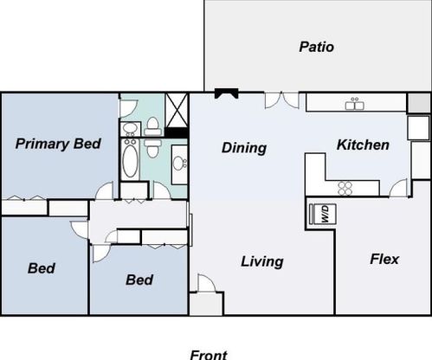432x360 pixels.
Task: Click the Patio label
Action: tap(316, 47)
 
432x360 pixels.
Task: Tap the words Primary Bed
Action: tap(59, 144)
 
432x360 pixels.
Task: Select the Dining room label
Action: tap(243, 148)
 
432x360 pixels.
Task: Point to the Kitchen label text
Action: tap(362, 145)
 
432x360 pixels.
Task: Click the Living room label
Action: tap(261, 261)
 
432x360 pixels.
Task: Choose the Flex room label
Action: tap(384, 258)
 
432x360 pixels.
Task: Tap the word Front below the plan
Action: tap(208, 353)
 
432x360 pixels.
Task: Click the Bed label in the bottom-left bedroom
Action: tap(42, 268)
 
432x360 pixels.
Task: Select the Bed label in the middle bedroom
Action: tap(139, 280)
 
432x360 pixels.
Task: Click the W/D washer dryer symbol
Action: tap(320, 214)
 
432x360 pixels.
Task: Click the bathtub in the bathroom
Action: tap(130, 160)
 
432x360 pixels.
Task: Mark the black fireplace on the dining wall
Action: tap(228, 93)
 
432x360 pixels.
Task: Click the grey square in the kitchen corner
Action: tap(418, 103)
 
